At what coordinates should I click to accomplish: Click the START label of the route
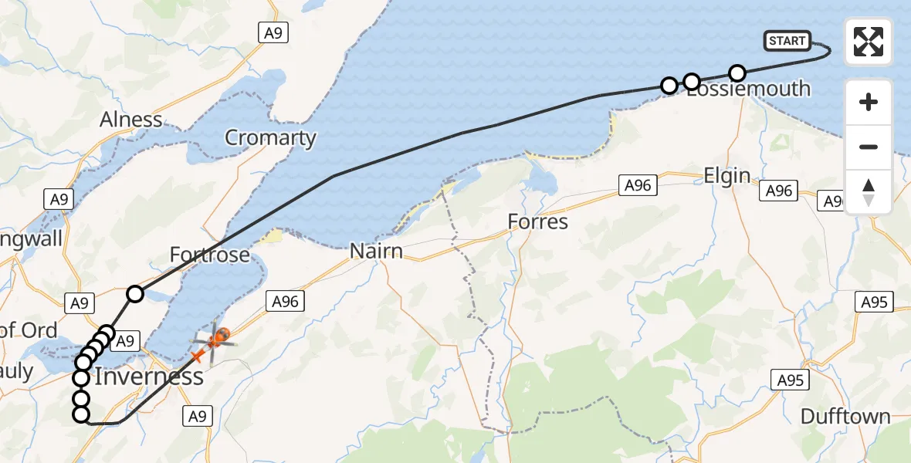click(787, 41)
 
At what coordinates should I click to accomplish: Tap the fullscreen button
click(869, 42)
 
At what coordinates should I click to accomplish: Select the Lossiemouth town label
click(748, 88)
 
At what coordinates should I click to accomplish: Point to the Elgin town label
click(726, 175)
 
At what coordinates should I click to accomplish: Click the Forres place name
click(537, 222)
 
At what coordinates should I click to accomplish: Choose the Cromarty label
click(270, 138)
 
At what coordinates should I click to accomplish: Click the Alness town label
click(131, 120)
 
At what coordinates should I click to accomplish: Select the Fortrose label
click(209, 255)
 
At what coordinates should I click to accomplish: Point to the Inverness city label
click(149, 377)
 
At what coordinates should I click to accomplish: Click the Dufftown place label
click(845, 417)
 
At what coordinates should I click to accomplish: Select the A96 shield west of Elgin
click(638, 185)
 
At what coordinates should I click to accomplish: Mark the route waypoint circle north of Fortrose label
click(135, 293)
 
